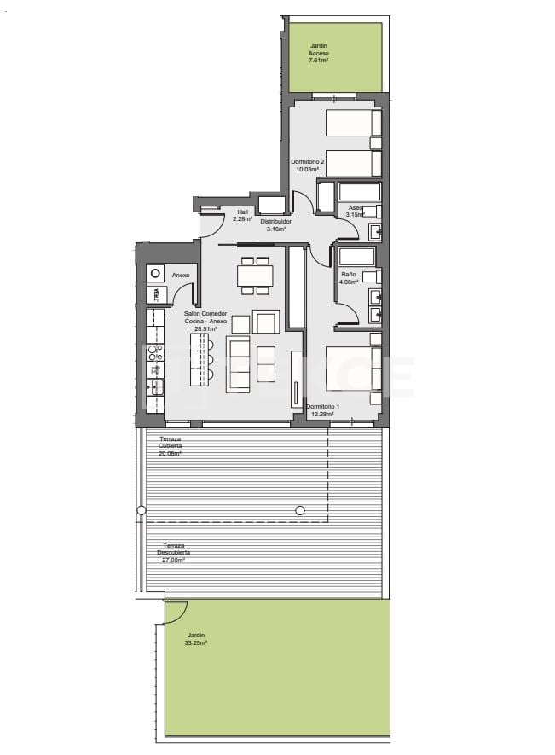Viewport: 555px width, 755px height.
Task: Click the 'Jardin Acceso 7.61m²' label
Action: click(x=319, y=53)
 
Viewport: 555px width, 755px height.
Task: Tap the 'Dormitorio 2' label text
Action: click(x=307, y=160)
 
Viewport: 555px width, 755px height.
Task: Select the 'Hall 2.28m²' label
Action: click(x=243, y=215)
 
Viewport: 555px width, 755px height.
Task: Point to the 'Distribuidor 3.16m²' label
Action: click(x=275, y=225)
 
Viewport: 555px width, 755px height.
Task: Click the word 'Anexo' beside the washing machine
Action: click(x=180, y=276)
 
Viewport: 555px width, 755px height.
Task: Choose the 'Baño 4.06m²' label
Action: click(x=349, y=277)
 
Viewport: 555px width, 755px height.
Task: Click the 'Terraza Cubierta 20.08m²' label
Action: click(x=170, y=445)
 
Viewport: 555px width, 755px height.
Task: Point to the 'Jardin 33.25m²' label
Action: click(x=196, y=638)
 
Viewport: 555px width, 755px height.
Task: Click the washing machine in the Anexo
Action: click(x=156, y=274)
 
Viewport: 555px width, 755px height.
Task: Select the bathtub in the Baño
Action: click(x=356, y=256)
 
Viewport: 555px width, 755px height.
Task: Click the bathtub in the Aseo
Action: click(x=359, y=192)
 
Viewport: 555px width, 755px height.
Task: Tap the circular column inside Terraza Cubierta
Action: click(x=299, y=510)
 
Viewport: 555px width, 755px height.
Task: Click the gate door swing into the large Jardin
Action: click(x=176, y=612)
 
